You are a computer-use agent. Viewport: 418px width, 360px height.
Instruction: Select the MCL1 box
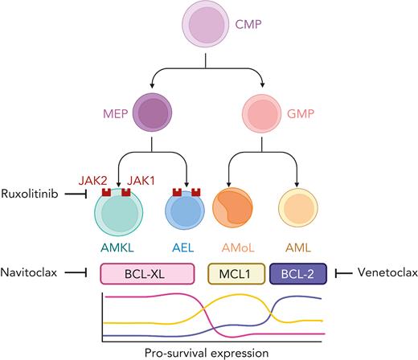[x=237, y=274]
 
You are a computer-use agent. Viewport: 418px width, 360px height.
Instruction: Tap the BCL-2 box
[x=297, y=274]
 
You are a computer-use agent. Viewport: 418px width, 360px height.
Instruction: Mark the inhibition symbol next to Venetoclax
[x=342, y=274]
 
